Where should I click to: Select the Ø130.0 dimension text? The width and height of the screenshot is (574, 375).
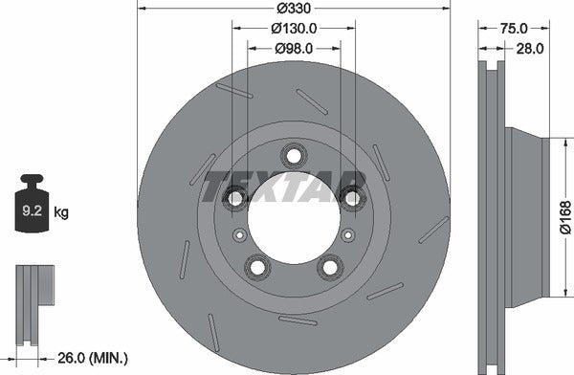click(x=294, y=29)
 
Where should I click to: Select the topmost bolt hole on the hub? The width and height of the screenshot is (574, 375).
click(x=294, y=154)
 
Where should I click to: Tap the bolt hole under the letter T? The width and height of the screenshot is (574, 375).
click(x=234, y=198)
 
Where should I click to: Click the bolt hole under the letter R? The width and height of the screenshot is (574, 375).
click(x=353, y=198)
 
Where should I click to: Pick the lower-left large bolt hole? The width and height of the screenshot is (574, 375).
click(x=256, y=267)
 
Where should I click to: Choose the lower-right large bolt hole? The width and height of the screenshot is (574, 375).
click(x=331, y=267)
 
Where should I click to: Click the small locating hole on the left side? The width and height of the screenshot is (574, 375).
click(x=240, y=235)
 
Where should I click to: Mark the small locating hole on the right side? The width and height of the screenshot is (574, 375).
click(x=347, y=235)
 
